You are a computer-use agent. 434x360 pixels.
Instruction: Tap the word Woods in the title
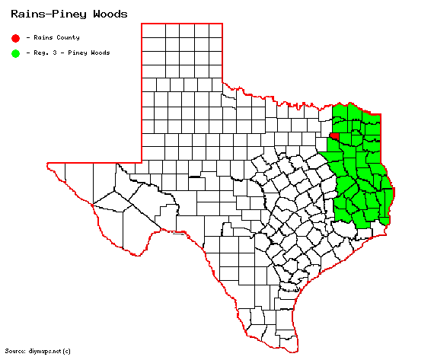tap(106, 14)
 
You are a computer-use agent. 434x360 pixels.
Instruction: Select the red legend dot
tap(15, 37)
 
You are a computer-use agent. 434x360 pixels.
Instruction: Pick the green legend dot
tap(15, 53)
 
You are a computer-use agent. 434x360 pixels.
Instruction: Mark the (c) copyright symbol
tap(66, 350)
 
